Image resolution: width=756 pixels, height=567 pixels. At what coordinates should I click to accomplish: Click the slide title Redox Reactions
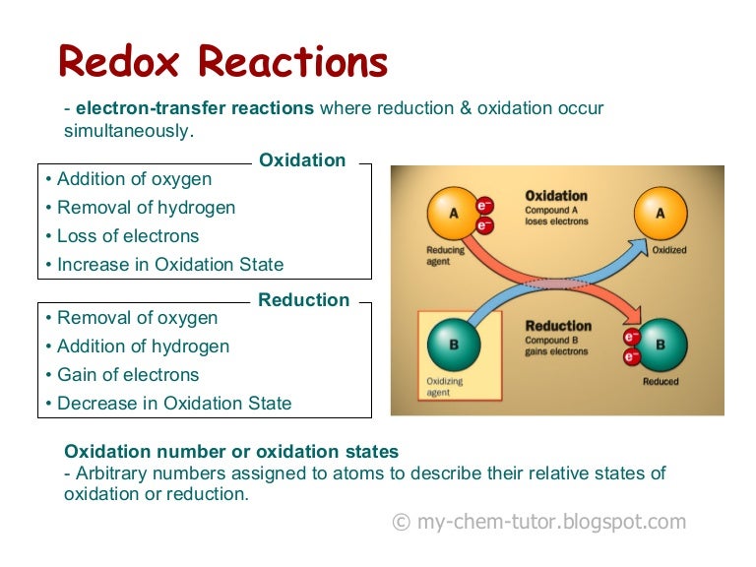point(223,62)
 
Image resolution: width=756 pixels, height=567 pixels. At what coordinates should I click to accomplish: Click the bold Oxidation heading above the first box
point(302,160)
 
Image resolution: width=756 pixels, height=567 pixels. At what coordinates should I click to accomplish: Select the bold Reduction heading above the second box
point(303,300)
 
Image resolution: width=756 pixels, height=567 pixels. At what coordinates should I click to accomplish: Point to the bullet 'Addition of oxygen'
point(134,179)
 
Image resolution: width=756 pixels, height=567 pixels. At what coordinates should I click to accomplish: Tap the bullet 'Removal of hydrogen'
point(146,208)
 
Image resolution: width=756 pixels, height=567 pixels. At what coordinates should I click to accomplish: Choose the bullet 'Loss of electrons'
point(128,236)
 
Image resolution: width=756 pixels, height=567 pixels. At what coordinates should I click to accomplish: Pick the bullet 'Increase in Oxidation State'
point(170,265)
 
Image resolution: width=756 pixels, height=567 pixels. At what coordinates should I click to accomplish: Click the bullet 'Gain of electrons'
point(128,375)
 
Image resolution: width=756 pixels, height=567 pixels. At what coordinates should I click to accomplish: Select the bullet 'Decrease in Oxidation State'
point(174,404)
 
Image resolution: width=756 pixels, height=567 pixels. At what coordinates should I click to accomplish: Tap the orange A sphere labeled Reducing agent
point(453,213)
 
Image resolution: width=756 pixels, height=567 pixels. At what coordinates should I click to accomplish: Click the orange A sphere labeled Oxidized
point(660,213)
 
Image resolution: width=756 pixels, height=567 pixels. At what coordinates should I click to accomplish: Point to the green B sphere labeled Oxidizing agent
point(453,345)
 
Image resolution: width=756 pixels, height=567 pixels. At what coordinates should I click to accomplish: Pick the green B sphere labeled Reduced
point(661,346)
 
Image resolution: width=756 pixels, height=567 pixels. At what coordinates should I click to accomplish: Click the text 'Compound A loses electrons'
point(556,216)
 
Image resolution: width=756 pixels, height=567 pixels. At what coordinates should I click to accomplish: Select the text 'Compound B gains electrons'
point(556,345)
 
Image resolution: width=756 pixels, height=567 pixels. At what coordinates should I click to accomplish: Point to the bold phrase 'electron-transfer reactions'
point(195,108)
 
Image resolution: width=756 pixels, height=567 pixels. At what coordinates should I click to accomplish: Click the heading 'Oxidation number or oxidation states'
point(231,452)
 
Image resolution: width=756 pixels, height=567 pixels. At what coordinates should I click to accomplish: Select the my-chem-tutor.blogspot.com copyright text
point(538,523)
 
